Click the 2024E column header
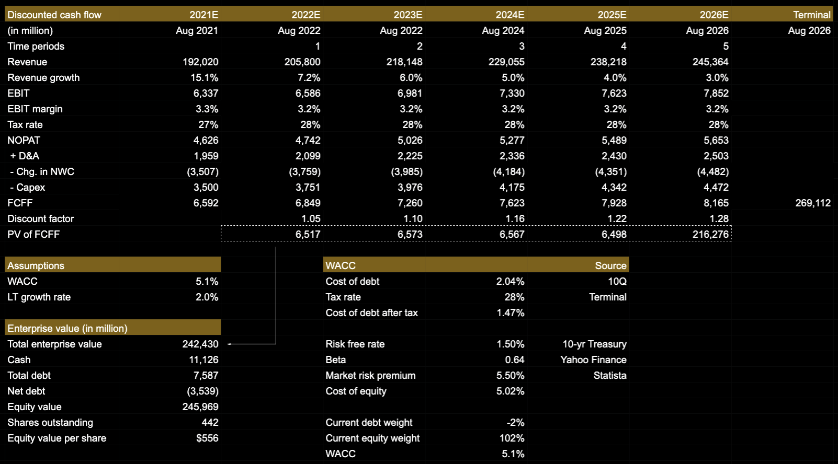509,15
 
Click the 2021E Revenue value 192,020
200,62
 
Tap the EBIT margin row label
35,109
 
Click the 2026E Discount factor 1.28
719,218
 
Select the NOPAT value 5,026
410,140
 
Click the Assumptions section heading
36,265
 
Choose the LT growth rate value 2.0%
207,297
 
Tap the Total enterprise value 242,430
200,344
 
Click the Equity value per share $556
207,438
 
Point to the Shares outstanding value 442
210,422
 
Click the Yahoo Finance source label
593,359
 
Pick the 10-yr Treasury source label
594,344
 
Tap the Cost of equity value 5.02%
510,391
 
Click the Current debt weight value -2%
515,422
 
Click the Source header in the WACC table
610,265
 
